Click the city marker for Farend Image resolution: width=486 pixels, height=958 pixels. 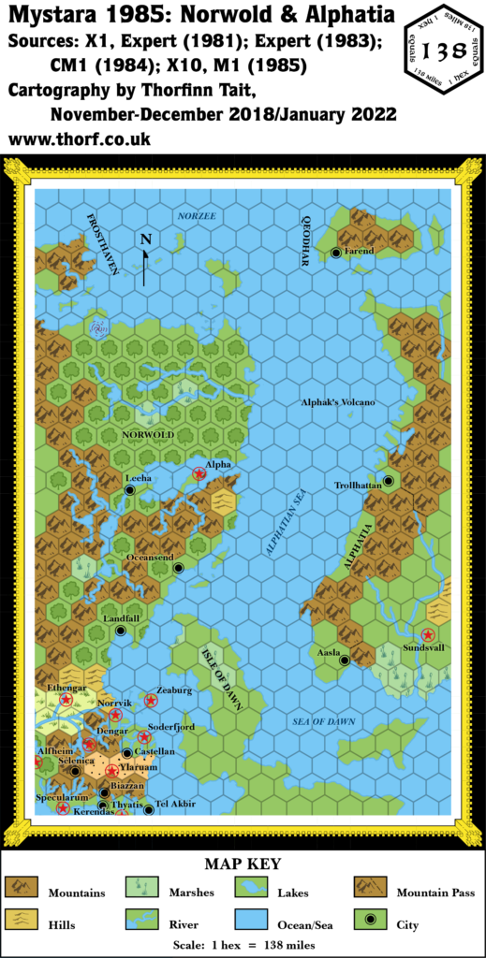(x=336, y=253)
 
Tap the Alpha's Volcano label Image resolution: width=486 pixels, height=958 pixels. (x=337, y=402)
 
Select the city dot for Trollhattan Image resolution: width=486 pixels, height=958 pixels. (x=388, y=481)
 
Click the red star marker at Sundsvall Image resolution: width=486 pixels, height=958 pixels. (x=428, y=634)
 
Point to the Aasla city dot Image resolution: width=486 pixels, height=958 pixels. (x=345, y=660)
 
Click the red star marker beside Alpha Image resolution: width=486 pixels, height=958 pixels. (x=199, y=474)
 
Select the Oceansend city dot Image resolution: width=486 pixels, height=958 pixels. (x=178, y=567)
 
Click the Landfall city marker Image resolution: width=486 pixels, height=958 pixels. (x=121, y=631)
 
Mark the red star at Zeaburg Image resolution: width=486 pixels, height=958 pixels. (x=151, y=700)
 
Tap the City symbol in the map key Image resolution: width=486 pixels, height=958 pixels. (x=371, y=922)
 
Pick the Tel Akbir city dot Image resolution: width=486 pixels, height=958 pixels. (x=148, y=809)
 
